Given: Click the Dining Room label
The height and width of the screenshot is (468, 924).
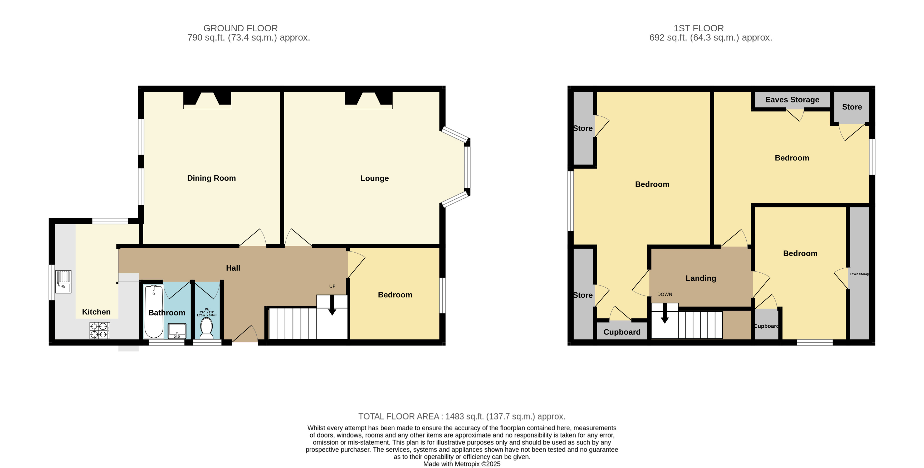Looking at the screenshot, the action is coord(211,178).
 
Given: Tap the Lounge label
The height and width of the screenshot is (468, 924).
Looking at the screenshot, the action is coord(374,178).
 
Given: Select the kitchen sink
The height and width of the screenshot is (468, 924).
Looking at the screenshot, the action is coord(63,282).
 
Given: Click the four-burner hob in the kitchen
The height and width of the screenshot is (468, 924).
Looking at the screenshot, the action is coord(100,331).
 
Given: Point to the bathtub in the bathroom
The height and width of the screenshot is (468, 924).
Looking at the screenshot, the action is coord(154,311).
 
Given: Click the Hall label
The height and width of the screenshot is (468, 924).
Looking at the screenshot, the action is coord(233,268).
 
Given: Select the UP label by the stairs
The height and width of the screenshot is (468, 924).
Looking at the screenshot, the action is coord(332,286).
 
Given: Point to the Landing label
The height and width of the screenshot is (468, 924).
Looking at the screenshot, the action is coord(701,278).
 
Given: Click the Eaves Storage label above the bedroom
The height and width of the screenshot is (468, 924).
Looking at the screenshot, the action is coord(792,100).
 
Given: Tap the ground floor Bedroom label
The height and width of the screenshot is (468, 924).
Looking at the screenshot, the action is coord(395,295).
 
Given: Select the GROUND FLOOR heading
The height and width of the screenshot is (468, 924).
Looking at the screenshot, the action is coord(240,28).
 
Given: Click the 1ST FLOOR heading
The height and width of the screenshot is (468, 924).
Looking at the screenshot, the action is coord(699,28).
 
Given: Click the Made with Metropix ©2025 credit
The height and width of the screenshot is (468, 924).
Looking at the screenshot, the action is coord(462,464).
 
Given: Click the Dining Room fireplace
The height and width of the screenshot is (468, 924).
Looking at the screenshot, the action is coord(207,100).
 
